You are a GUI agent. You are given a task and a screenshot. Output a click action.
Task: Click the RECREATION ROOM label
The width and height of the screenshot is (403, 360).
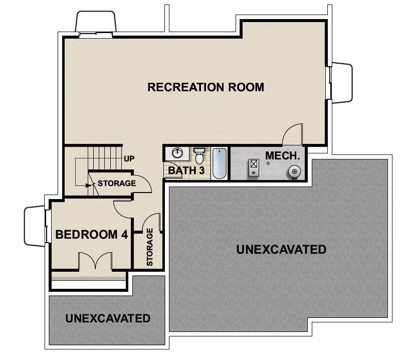coord(206,87)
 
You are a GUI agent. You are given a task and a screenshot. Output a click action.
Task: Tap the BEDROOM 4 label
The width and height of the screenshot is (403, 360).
coord(92,234)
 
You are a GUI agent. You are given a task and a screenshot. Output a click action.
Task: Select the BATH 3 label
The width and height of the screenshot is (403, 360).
coord(186,170)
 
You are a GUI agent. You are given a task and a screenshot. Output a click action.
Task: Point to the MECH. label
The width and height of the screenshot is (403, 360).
coord(283,155)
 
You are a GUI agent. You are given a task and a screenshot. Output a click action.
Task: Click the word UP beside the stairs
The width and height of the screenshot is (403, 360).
coord(129,159)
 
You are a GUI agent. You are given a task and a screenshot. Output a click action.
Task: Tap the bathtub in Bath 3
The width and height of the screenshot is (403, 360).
coord(220,163)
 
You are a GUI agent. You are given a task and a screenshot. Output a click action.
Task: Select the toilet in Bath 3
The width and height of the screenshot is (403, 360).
coord(199,155)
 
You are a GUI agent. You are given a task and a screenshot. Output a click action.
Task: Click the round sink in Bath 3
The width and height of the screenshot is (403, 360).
coord(177,153)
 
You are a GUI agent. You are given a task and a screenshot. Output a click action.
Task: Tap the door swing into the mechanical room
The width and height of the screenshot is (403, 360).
coord(293,134)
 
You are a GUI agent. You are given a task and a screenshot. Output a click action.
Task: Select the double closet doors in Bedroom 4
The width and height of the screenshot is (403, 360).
coord(95,261)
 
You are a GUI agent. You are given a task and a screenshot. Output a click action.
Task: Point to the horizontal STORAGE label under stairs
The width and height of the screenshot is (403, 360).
coord(116,183)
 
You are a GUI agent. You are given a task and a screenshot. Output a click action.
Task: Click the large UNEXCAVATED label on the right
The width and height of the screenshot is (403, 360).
coord(281,249)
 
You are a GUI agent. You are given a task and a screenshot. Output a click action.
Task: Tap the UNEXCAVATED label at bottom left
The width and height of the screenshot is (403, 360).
coord(108,318)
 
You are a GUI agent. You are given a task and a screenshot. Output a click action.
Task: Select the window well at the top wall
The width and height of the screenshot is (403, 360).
coord(96,22)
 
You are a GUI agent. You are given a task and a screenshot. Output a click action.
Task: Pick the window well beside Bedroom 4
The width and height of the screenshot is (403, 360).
coord(35,226)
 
